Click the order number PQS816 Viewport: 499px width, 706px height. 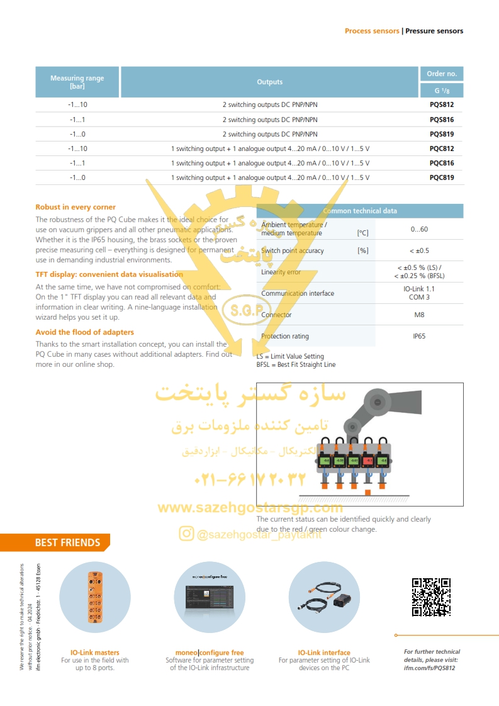pyautogui.click(x=441, y=120)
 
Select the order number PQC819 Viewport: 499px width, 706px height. pyautogui.click(x=441, y=177)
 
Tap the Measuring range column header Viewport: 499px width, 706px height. pyautogui.click(x=77, y=82)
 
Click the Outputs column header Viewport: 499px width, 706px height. pyautogui.click(x=269, y=82)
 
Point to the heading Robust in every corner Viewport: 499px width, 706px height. pyautogui.click(x=76, y=207)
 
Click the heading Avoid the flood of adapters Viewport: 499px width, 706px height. pyautogui.click(x=84, y=332)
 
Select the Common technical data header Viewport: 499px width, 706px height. pyautogui.click(x=359, y=211)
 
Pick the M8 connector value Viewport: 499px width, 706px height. pyautogui.click(x=419, y=315)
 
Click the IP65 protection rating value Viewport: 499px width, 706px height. pyautogui.click(x=419, y=336)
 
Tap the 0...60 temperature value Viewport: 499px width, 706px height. pyautogui.click(x=419, y=229)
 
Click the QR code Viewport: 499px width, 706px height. pyautogui.click(x=431, y=597)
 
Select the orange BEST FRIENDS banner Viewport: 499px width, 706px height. pyautogui.click(x=68, y=542)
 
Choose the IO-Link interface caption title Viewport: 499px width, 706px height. pyautogui.click(x=324, y=653)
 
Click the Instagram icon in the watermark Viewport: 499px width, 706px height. pyautogui.click(x=186, y=534)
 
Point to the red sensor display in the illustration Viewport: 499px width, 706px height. pyautogui.click(x=369, y=461)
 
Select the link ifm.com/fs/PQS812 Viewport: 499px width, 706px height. pyautogui.click(x=429, y=668)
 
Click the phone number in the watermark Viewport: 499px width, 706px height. pyautogui.click(x=250, y=480)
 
